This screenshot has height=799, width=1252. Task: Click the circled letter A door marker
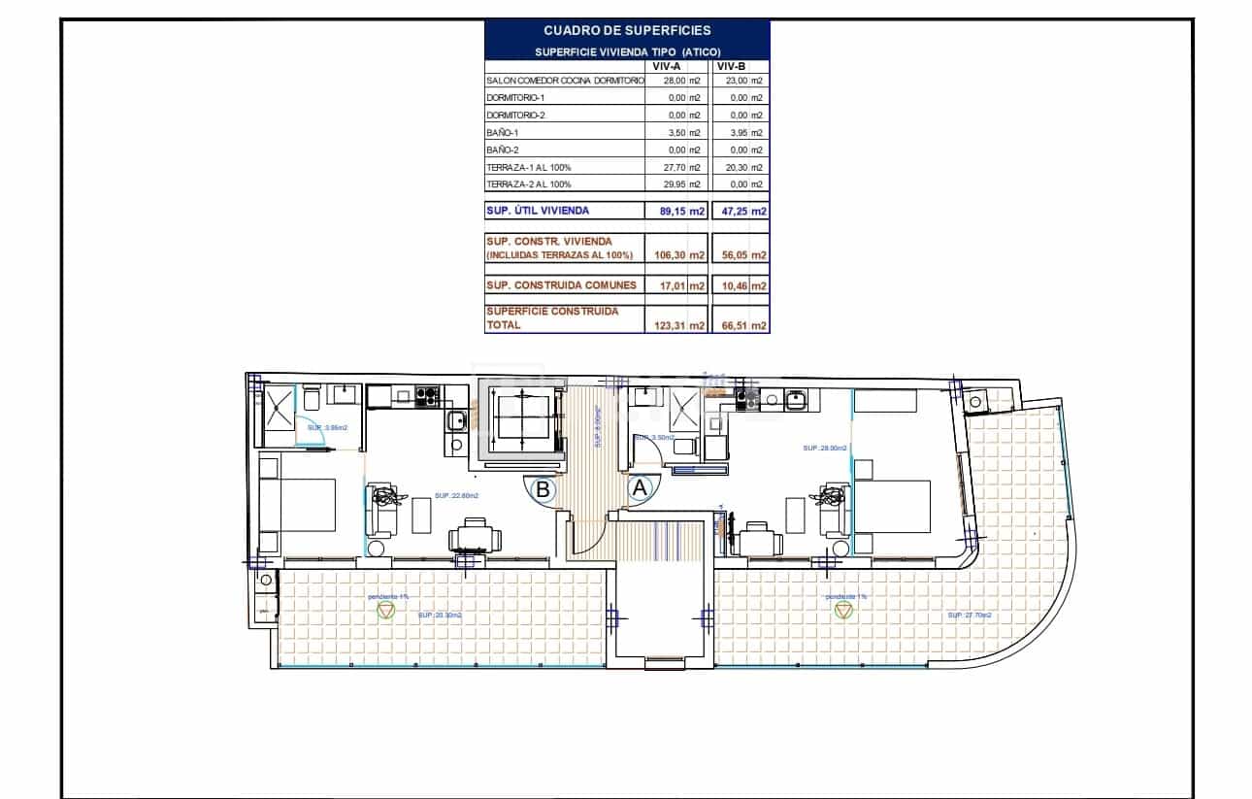[640, 489]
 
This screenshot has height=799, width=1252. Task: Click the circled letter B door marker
[544, 490]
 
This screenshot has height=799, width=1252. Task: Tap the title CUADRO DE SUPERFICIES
[627, 31]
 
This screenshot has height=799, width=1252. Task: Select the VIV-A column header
[666, 66]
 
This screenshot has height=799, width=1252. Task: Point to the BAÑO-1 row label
[503, 133]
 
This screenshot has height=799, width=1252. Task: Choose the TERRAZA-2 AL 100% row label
[529, 184]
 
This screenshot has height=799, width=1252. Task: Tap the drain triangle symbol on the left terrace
[386, 610]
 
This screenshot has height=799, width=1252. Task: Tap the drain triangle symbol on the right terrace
[842, 610]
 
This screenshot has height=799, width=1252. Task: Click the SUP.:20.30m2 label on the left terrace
[440, 616]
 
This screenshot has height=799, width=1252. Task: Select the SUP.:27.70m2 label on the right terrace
[970, 616]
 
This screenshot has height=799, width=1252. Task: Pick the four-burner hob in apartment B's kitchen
[427, 395]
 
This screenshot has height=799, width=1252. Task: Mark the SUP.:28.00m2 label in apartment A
[825, 449]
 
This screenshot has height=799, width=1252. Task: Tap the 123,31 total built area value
[671, 326]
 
